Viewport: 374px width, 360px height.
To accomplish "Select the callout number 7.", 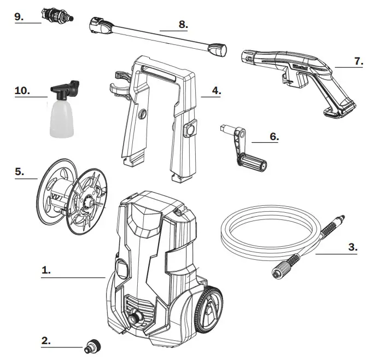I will click(x=358, y=61).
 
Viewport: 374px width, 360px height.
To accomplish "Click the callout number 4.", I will click(x=216, y=91).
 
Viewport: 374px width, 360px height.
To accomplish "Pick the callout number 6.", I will click(x=273, y=137).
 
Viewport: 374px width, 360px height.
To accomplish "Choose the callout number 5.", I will click(x=20, y=171).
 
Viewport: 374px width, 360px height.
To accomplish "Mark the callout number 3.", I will click(x=352, y=247).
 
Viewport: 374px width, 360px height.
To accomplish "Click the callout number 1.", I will click(x=46, y=271).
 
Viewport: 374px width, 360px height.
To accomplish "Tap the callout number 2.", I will click(x=46, y=340).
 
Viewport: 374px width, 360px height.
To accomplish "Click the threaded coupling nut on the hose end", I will click(x=282, y=269).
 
